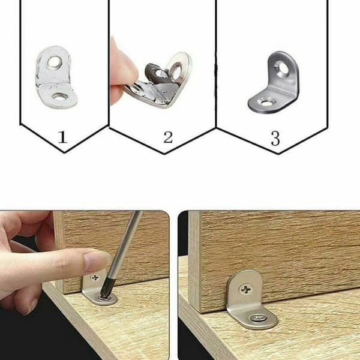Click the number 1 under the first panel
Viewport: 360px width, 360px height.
62,137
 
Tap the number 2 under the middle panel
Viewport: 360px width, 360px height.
168,137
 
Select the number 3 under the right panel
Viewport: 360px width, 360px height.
275,138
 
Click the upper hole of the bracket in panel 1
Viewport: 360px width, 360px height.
55,62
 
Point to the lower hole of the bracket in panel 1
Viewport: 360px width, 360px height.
59,97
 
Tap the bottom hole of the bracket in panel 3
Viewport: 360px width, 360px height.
266,103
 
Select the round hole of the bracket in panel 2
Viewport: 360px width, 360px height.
176,70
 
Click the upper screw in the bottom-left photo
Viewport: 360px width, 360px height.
95,278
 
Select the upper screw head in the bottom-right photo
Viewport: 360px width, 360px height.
245,290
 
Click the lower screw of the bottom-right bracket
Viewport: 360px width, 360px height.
257,318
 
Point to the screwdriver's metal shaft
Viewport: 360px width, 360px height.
126,247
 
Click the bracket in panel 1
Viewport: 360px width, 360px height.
56,77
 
